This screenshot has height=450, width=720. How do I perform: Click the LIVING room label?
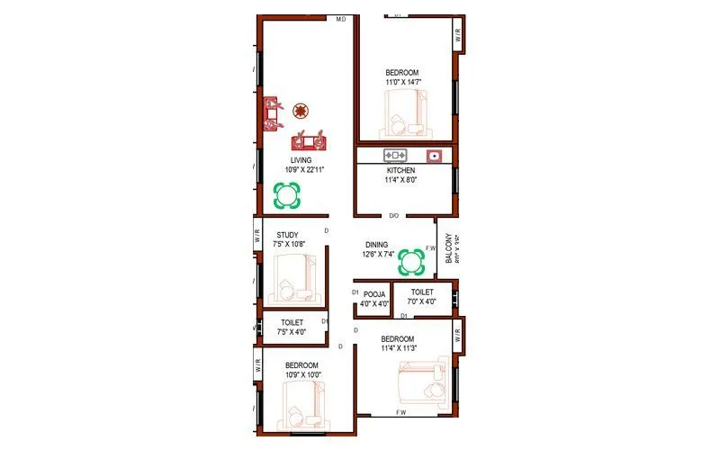(x=288, y=160)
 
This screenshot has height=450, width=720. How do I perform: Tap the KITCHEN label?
(x=401, y=169)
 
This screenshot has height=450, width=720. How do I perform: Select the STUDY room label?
(x=287, y=235)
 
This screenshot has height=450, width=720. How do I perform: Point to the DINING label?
(x=376, y=244)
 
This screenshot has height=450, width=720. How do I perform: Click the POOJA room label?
(x=375, y=293)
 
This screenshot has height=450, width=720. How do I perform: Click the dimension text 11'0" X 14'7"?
(x=402, y=82)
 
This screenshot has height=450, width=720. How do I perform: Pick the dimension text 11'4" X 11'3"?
(x=402, y=347)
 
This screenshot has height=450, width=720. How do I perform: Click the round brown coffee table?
(x=301, y=111)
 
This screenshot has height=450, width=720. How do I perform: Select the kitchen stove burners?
(x=396, y=155)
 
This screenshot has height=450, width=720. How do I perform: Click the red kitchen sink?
(x=435, y=155)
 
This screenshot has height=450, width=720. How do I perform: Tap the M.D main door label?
(x=341, y=19)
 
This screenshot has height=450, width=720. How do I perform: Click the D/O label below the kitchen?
(x=394, y=216)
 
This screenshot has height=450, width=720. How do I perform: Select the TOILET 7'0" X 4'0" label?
(x=422, y=297)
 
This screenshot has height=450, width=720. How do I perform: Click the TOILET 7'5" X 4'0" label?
(x=292, y=327)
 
